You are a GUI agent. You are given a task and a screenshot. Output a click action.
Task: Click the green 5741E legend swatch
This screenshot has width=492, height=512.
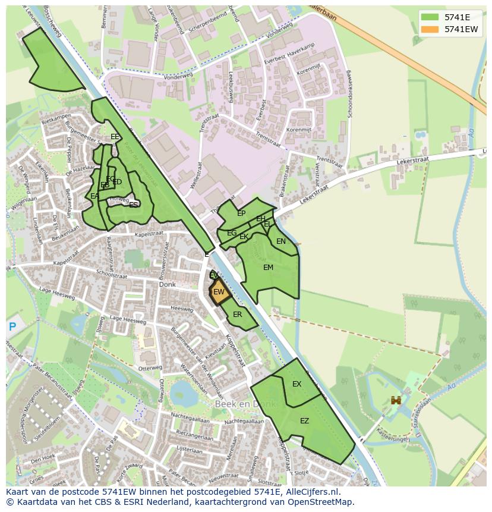pyautogui.click(x=430, y=17)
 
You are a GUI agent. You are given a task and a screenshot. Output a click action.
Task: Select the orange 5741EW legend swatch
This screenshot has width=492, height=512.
pyautogui.click(x=430, y=29)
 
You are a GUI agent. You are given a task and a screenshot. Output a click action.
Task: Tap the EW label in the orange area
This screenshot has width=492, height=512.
pyautogui.click(x=219, y=292)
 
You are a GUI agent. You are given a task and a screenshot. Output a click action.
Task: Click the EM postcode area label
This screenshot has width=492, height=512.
pyautogui.click(x=268, y=268)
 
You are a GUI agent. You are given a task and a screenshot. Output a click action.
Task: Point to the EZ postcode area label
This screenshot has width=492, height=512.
pyautogui.click(x=304, y=421)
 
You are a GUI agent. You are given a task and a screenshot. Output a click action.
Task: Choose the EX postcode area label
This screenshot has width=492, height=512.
pyautogui.click(x=297, y=384)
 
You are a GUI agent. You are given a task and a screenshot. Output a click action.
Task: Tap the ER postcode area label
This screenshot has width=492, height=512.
pyautogui.click(x=237, y=315)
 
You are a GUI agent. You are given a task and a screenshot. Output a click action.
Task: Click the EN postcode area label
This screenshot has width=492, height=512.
pyautogui.click(x=281, y=241)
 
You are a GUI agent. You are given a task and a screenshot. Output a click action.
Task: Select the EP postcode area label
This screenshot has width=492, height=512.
pyautogui.click(x=241, y=213)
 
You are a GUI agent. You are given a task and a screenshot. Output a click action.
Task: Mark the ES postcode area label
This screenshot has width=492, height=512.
pyautogui.click(x=134, y=205)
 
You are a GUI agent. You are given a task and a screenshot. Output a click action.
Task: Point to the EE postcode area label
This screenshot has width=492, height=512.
pyautogui.click(x=115, y=137)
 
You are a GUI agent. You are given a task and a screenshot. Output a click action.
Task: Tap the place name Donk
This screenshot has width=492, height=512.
pyautogui.click(x=168, y=285)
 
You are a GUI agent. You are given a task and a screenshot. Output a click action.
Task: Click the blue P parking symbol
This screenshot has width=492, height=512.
pyautogui.click(x=12, y=326)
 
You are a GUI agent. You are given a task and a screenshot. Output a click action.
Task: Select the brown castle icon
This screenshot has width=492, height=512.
pyautogui.click(x=395, y=401)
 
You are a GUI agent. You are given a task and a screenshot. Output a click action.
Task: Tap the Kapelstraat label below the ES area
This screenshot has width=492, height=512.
pyautogui.click(x=149, y=234)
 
